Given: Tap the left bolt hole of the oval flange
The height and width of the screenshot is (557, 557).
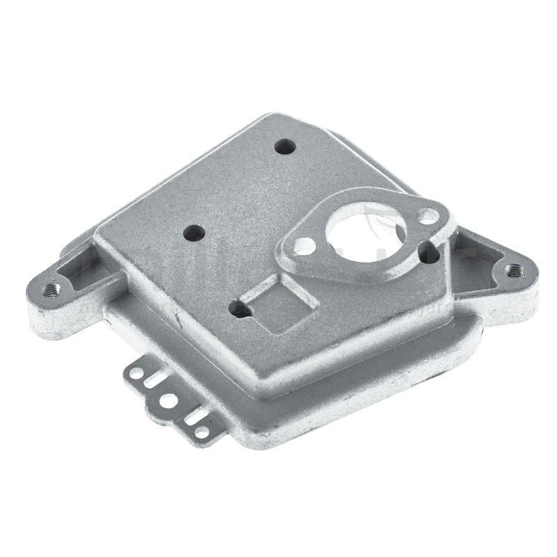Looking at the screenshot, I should tap(304, 246).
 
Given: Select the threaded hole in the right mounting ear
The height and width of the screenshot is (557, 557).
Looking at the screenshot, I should tap(514, 268).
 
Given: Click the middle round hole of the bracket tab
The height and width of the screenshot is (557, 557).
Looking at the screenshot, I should tap(168, 402).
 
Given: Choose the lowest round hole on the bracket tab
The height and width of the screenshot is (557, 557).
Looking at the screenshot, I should tap(201, 432).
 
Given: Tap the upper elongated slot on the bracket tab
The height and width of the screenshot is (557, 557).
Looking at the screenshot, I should tap(155, 380).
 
